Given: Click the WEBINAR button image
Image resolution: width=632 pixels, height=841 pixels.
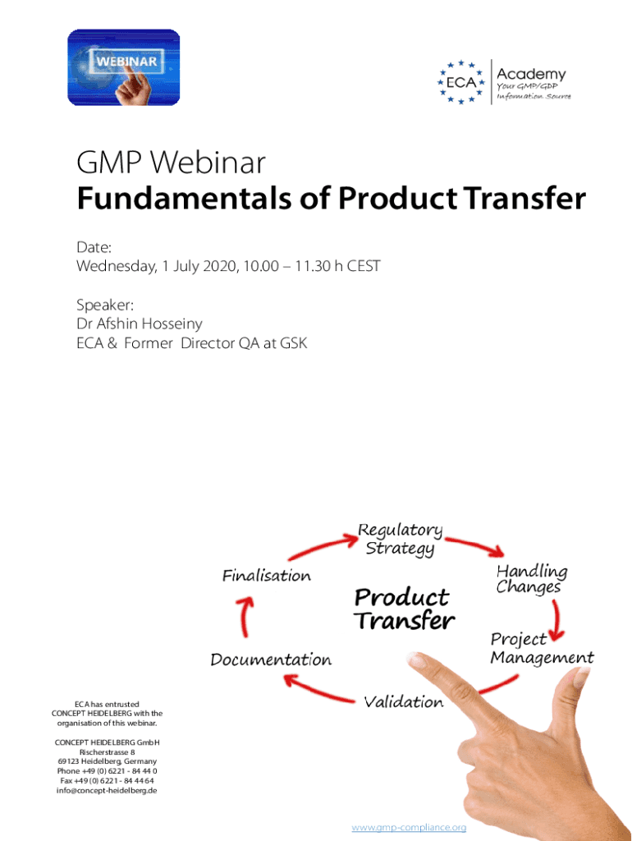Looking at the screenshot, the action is tap(124, 67).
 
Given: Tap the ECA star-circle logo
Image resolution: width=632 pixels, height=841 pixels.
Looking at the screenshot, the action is tap(461, 82).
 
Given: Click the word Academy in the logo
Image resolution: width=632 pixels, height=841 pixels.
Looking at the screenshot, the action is tap(531, 75).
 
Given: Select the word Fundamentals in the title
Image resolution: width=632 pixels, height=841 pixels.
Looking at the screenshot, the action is tap(185, 198).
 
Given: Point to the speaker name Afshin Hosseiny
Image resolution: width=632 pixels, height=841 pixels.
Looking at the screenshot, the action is tap(149, 324).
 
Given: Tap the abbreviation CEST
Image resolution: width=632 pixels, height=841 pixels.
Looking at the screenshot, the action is tap(364, 266).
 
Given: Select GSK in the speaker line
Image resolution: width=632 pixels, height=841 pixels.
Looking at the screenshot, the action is tap(293, 343).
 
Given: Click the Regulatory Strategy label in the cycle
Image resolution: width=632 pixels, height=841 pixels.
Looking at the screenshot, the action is tap(400, 539).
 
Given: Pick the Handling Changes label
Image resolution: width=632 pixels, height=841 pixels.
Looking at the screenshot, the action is tap(531, 579).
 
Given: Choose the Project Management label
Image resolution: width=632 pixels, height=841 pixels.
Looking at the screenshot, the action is tap(542, 648).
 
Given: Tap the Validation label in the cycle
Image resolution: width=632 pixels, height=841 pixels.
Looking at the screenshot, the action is tap(404, 701).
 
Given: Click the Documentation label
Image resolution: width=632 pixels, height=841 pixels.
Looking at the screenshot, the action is tap(271, 659).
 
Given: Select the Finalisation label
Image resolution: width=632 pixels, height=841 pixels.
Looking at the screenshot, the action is tap(267, 576).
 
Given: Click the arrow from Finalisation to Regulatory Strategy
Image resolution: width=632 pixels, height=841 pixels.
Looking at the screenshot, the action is tap(323, 546).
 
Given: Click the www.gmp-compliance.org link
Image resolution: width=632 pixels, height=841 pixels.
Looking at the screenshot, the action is tap(409, 827).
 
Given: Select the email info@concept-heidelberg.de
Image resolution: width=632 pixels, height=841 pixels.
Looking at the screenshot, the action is tap(107, 791).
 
